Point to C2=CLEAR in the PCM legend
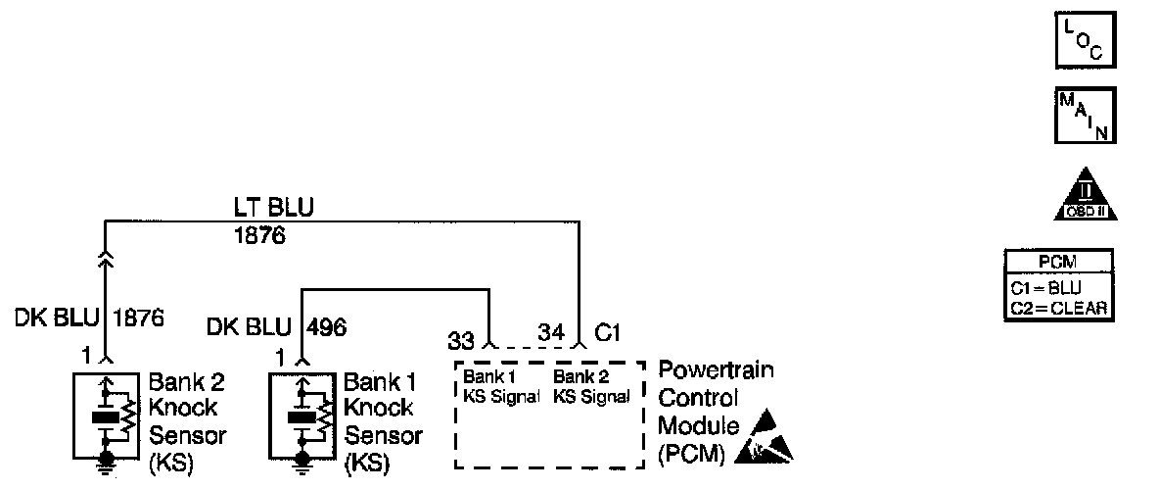click(x=1060, y=307)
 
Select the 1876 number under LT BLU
click(x=259, y=235)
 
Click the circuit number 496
click(x=326, y=326)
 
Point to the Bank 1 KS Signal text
click(x=502, y=387)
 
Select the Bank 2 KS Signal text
click(x=589, y=387)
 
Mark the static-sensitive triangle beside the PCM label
click(x=768, y=440)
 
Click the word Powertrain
click(x=716, y=371)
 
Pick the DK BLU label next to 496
click(x=248, y=326)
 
